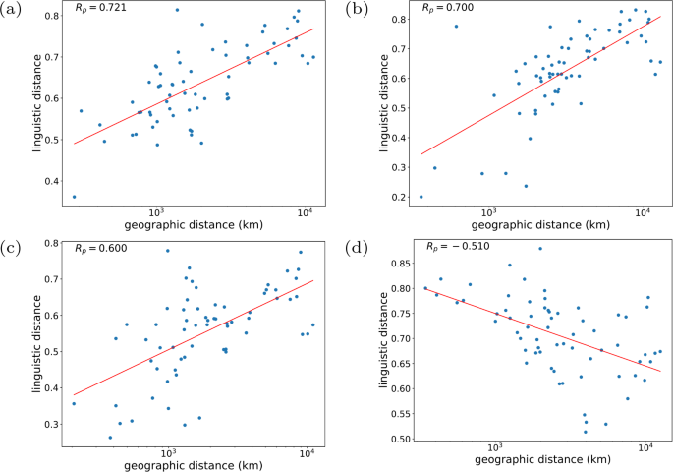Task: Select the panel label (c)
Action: coord(13,245)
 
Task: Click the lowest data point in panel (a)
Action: coord(74,197)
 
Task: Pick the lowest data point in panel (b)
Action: coord(421,197)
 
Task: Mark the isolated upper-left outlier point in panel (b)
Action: coord(456,27)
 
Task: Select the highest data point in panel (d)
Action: coord(540,248)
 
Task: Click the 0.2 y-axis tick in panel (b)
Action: coord(400,198)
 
